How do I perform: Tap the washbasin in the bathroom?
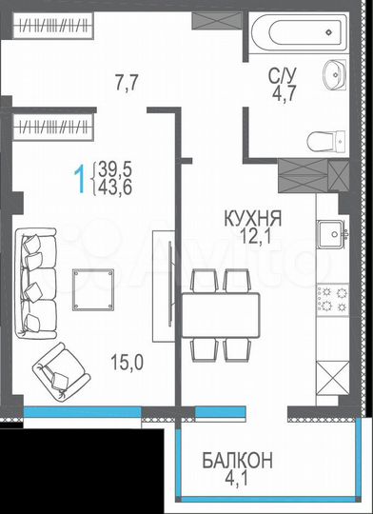(x=336, y=74)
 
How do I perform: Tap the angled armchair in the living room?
(x=58, y=371)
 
